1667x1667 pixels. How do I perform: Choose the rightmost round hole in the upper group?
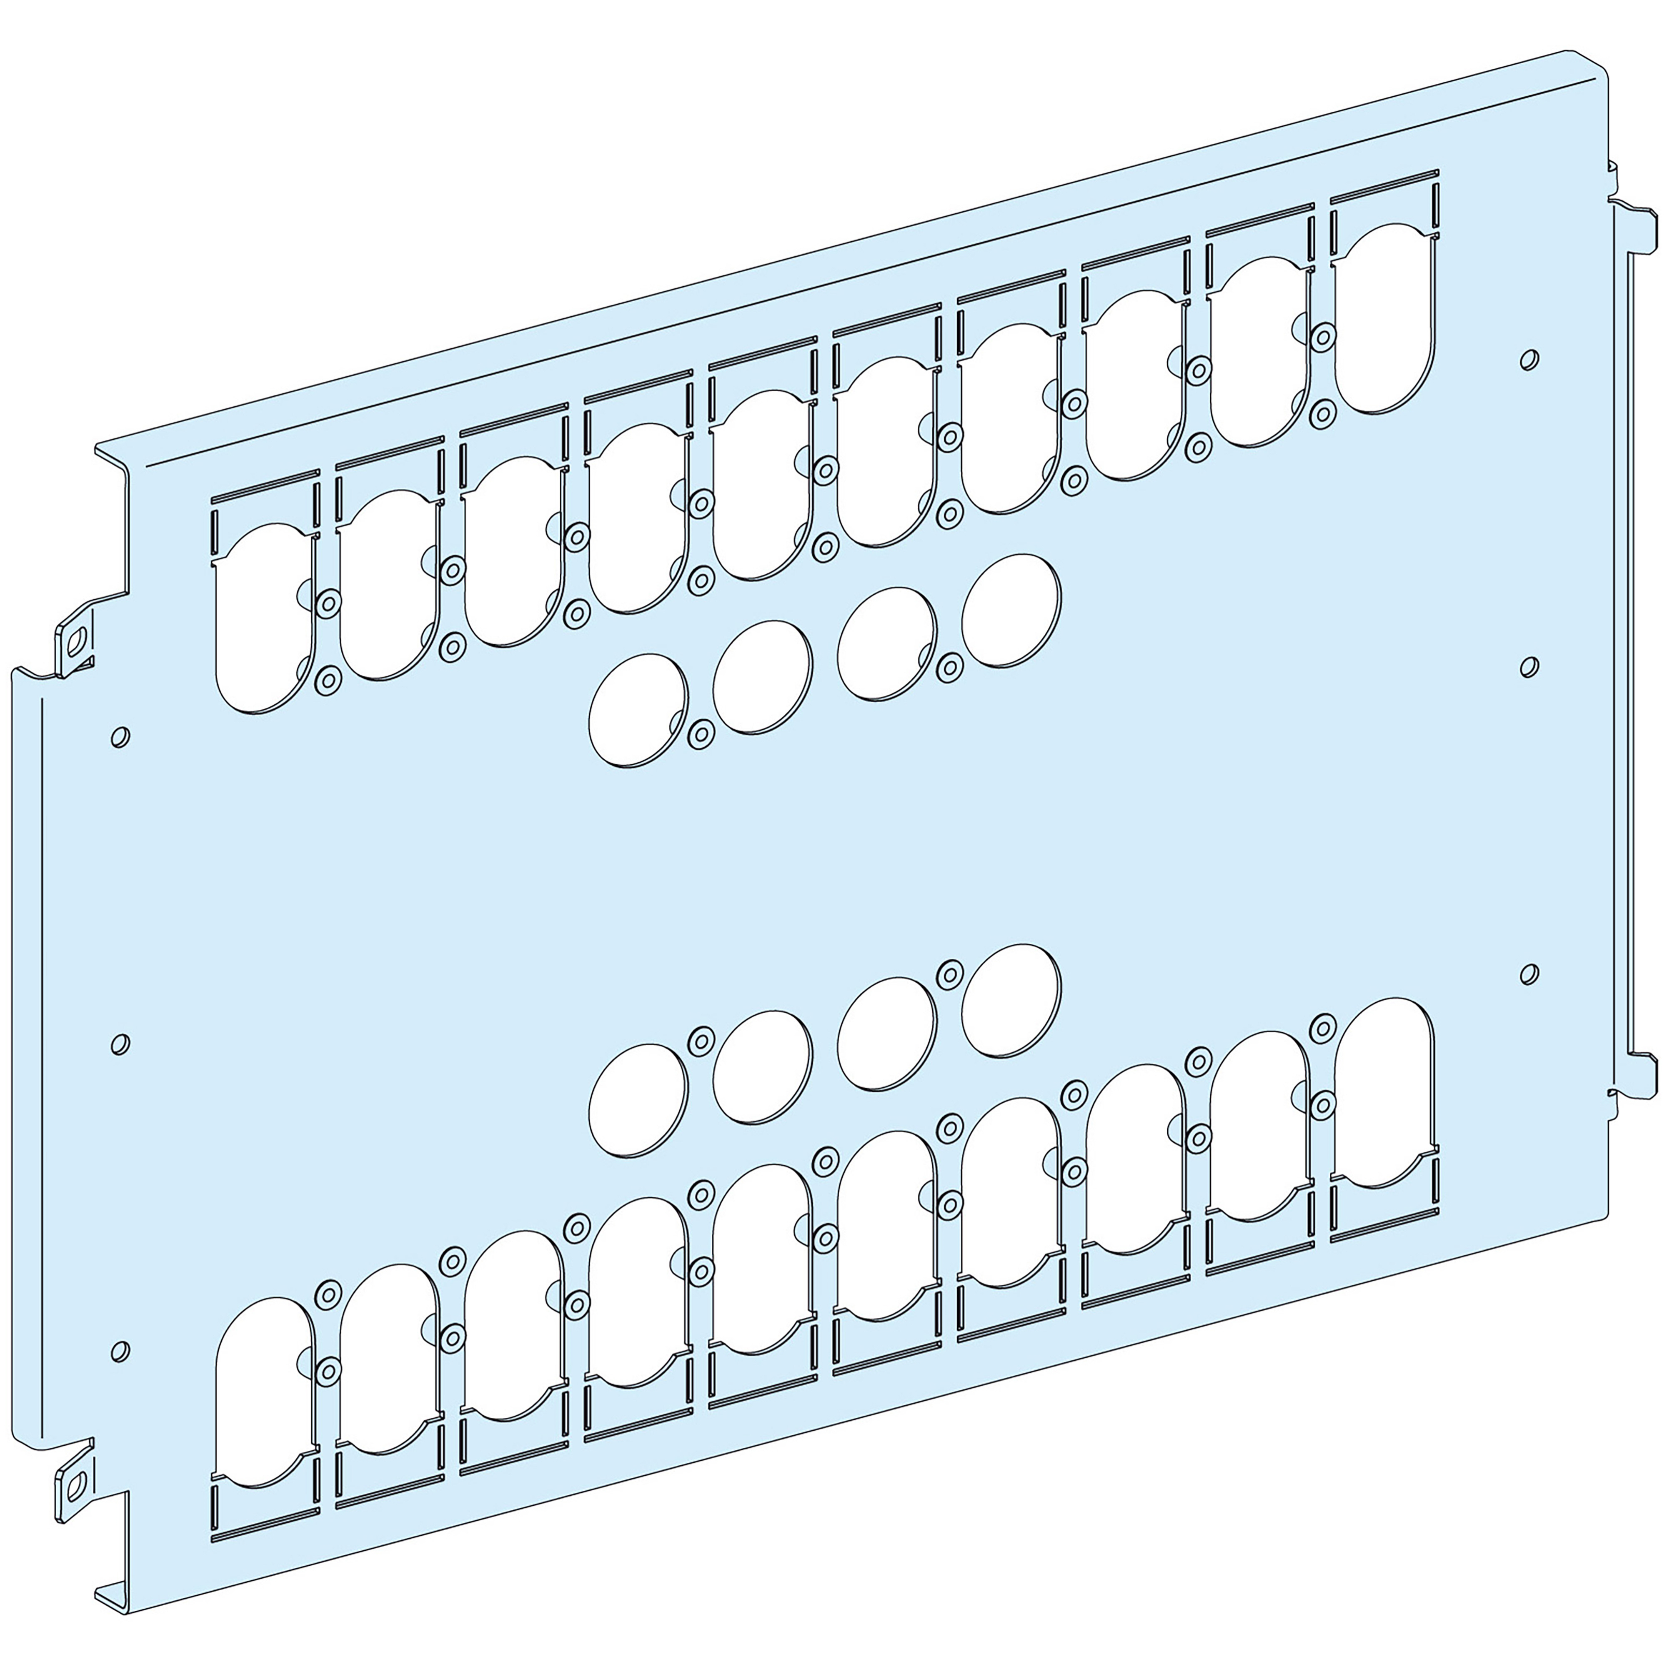[x=1011, y=611]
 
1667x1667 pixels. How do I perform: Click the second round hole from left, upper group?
[x=763, y=677]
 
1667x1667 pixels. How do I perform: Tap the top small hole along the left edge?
[x=121, y=736]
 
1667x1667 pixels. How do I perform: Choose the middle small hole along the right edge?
[x=1528, y=666]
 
